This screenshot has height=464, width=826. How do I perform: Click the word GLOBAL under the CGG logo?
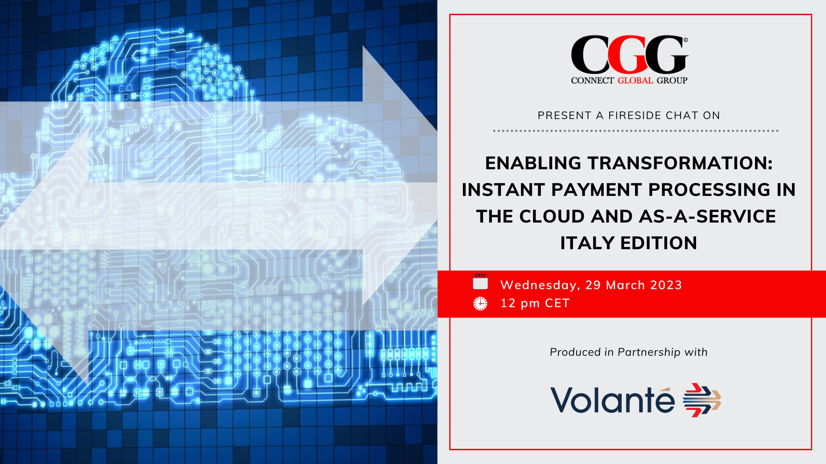point(635,80)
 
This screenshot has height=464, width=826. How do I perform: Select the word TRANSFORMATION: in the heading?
point(680,163)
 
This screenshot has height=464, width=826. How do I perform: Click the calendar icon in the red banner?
point(480,282)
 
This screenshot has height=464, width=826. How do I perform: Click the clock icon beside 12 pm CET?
point(480,303)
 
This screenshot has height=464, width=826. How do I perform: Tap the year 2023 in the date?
point(666,285)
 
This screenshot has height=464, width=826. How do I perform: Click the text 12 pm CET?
point(535,303)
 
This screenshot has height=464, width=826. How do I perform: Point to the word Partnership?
point(649,352)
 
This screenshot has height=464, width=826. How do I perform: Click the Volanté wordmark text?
point(612,400)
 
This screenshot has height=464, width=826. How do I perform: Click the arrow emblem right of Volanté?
point(702,400)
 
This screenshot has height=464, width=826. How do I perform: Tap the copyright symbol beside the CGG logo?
point(686,40)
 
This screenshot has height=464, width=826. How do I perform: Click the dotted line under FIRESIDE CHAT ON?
point(635,131)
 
